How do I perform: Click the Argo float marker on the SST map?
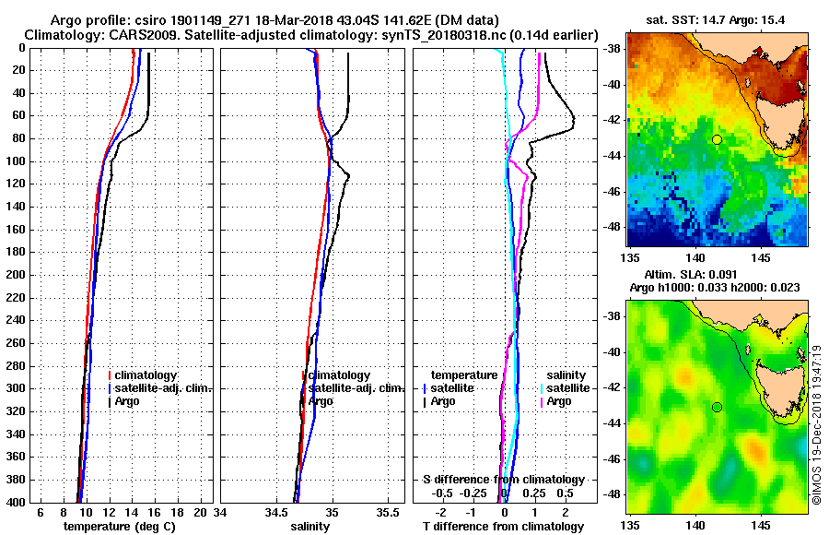tap(717, 139)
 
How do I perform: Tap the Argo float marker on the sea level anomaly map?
tap(717, 407)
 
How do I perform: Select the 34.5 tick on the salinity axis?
tap(275, 512)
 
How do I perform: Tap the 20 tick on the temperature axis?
tap(202, 512)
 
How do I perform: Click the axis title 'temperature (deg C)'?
tap(119, 526)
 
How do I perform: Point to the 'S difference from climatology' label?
tap(503, 480)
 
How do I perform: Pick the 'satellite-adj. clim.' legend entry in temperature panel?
tap(163, 388)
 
